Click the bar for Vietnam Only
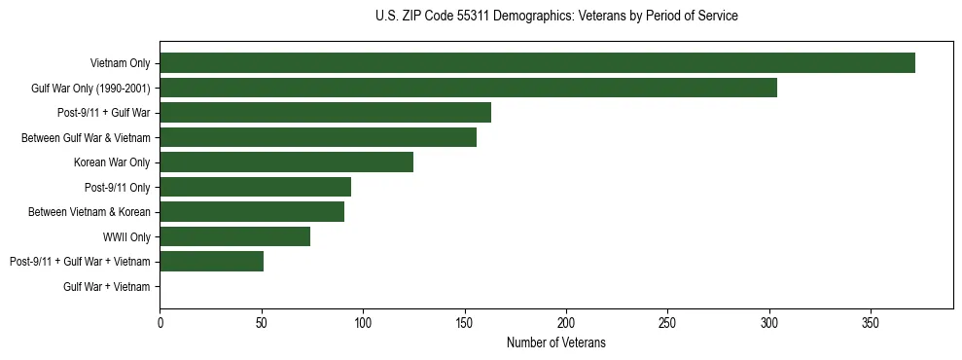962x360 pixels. click(537, 63)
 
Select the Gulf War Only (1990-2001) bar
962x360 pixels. click(468, 89)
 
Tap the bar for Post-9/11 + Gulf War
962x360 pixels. click(325, 113)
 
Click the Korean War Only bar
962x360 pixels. click(286, 162)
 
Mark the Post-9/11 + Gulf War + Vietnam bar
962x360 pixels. click(211, 262)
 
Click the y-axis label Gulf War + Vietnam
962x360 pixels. click(107, 287)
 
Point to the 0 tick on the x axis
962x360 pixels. click(160, 322)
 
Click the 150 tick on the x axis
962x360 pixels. click(464, 322)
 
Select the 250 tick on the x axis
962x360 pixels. click(667, 322)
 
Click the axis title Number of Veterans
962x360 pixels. click(555, 342)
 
